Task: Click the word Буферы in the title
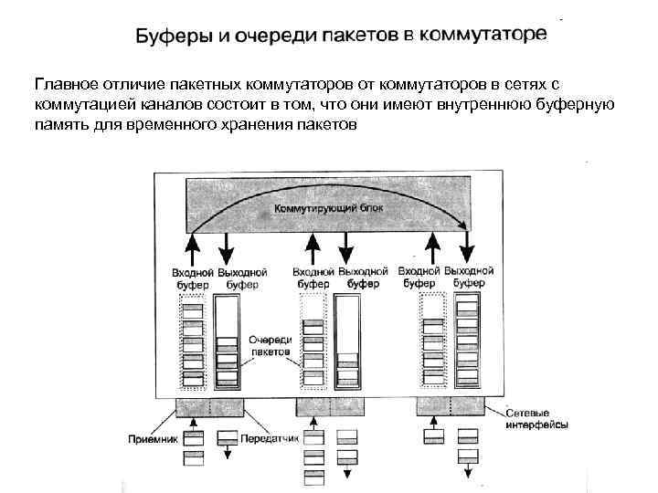(x=171, y=37)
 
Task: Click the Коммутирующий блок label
(x=328, y=208)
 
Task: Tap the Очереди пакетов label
(x=270, y=344)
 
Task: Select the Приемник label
(x=152, y=438)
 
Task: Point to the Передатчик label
(x=271, y=438)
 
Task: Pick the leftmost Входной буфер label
(x=193, y=278)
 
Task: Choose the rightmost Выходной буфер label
(x=469, y=278)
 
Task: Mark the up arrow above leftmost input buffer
(x=192, y=246)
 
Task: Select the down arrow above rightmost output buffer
(x=468, y=246)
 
